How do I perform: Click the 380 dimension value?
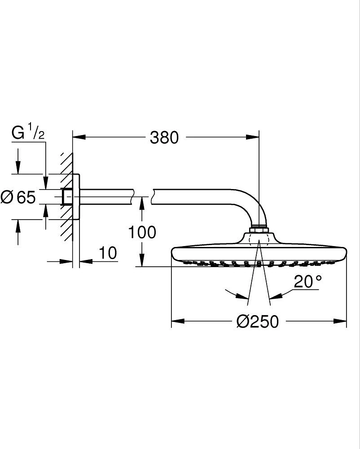pyautogui.click(x=164, y=137)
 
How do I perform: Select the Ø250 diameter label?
pyautogui.click(x=258, y=321)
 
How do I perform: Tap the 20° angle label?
pyautogui.click(x=308, y=282)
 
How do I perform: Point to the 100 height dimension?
pyautogui.click(x=142, y=232)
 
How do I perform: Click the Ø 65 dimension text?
pyautogui.click(x=18, y=197)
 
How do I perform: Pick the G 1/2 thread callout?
pyautogui.click(x=28, y=132)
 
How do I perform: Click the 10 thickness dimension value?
pyautogui.click(x=107, y=253)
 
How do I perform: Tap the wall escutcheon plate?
pyautogui.click(x=76, y=197)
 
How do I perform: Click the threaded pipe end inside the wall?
pyautogui.click(x=67, y=197)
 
